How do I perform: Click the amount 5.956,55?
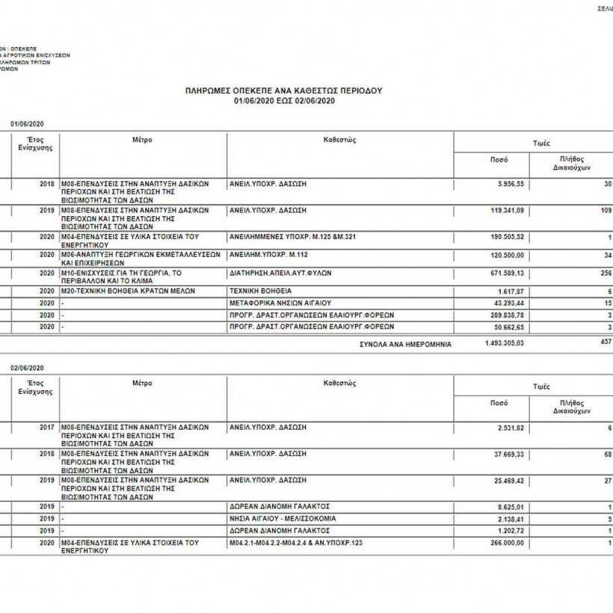pos(508,183)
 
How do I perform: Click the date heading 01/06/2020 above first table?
pos(27,123)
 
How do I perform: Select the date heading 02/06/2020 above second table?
pos(27,368)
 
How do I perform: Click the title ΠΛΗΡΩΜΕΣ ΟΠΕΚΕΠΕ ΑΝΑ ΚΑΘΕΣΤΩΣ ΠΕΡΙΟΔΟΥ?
pos(284,90)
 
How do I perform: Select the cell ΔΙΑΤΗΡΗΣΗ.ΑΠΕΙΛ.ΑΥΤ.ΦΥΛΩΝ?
pos(280,273)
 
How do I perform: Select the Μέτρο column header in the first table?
pos(143,140)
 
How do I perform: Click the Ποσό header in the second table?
pos(499,403)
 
